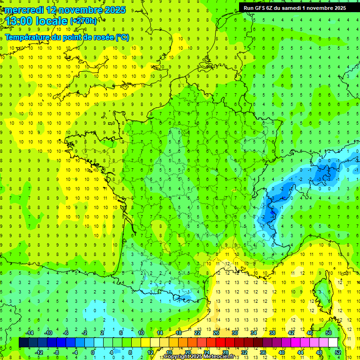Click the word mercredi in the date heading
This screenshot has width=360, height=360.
(x=22, y=10)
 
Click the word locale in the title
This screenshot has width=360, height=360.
(x=52, y=21)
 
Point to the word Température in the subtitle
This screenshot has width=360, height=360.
(x=29, y=37)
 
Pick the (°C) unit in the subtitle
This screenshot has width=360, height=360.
(x=122, y=37)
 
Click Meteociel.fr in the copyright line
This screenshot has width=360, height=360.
(x=219, y=357)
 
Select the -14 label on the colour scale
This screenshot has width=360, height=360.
(x=30, y=332)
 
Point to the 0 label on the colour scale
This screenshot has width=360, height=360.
(x=93, y=352)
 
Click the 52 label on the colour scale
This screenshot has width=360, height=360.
(x=337, y=352)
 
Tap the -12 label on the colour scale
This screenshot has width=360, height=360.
(x=39, y=352)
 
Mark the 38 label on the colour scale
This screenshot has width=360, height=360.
(x=272, y=332)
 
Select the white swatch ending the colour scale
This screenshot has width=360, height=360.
(x=333, y=342)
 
